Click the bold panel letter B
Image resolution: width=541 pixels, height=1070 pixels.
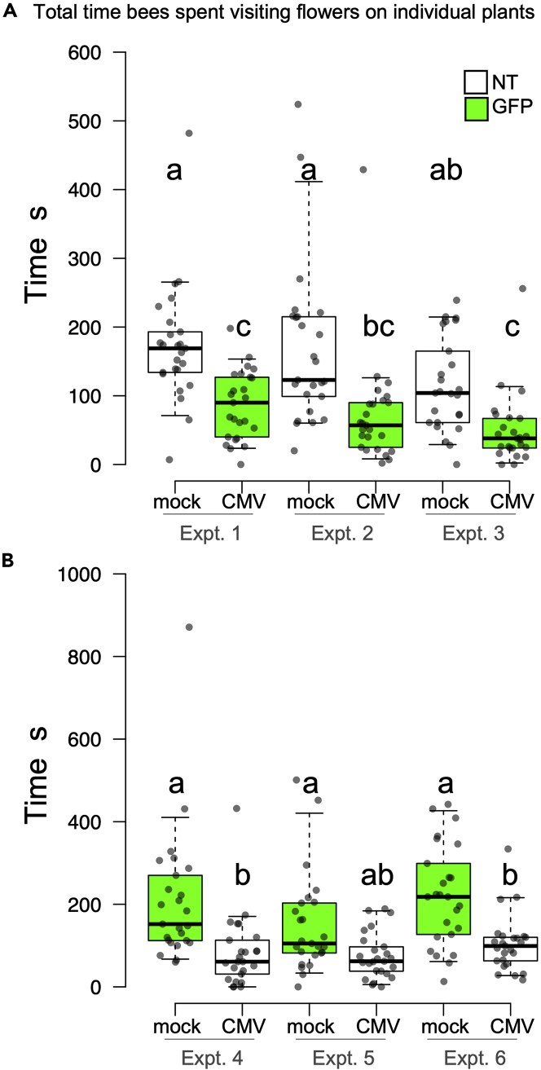(7, 560)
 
